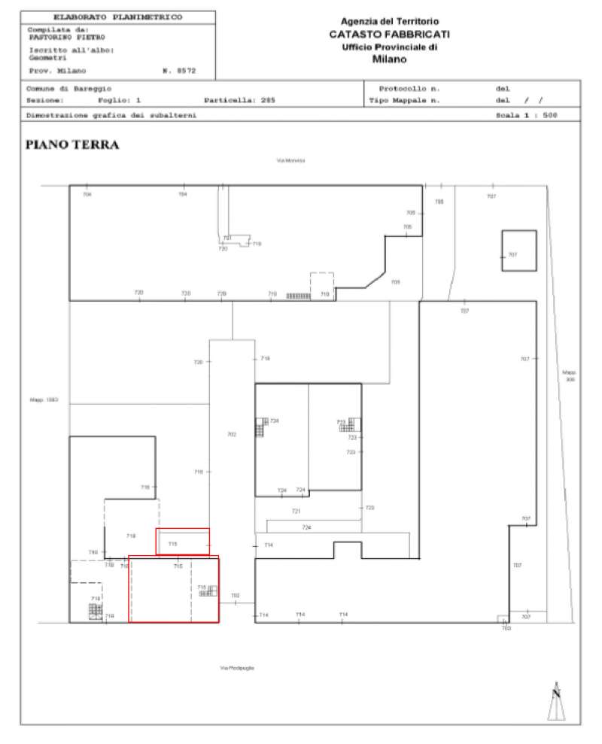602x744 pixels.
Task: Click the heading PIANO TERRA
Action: pyautogui.click(x=72, y=145)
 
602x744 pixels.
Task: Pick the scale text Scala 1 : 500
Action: pyautogui.click(x=526, y=115)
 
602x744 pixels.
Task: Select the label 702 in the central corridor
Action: pyautogui.click(x=232, y=434)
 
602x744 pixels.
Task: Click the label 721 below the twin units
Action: pyautogui.click(x=296, y=511)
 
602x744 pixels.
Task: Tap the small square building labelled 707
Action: pyautogui.click(x=519, y=251)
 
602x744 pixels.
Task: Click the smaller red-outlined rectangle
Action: pyautogui.click(x=182, y=541)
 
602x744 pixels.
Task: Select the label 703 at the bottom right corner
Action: pyautogui.click(x=506, y=627)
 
